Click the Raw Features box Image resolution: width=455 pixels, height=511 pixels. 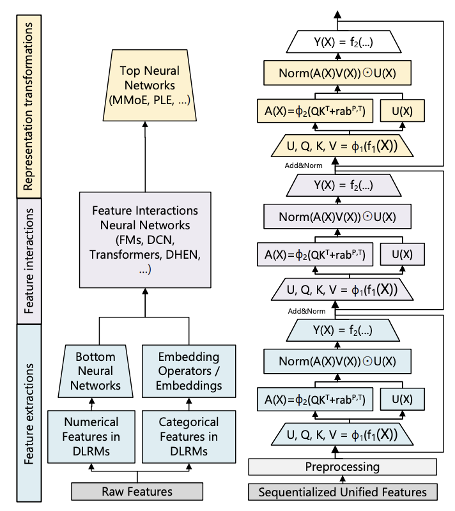[137, 491]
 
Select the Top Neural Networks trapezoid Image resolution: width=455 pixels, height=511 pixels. [150, 86]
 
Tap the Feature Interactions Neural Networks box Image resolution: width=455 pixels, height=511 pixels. [145, 240]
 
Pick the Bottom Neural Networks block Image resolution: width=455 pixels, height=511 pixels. [95, 371]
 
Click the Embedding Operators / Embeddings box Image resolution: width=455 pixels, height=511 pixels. [189, 371]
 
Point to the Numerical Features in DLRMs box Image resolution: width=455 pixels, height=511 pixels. [91, 437]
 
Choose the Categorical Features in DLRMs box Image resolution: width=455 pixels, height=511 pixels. [189, 437]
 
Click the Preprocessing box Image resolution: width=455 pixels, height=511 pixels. [343, 467]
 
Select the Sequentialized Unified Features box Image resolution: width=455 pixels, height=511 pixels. [343, 492]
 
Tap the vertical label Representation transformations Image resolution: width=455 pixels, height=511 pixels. [29, 106]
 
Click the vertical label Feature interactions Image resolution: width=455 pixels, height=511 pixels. [29, 261]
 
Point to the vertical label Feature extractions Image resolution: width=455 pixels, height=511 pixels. [29, 413]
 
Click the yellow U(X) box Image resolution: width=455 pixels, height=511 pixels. [402, 111]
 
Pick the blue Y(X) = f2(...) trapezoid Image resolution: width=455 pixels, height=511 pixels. [343, 330]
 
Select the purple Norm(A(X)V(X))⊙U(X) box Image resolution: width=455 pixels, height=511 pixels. [337, 217]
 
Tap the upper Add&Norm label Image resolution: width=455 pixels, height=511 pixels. [304, 165]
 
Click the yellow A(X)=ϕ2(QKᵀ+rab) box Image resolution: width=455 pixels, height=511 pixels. [315, 111]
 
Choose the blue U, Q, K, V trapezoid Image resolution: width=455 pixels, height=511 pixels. [343, 434]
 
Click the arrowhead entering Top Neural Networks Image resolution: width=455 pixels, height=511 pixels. [145, 124]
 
